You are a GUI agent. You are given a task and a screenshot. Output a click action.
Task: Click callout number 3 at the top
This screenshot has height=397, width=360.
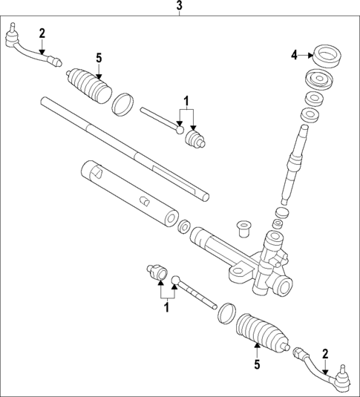[x=179, y=7]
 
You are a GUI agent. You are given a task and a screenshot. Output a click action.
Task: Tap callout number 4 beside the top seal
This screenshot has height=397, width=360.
[x=295, y=54]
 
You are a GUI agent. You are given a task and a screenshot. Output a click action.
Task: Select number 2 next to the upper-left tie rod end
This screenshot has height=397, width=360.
[x=42, y=32]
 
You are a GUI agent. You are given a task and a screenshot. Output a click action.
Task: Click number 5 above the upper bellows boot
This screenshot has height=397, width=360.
[x=99, y=57]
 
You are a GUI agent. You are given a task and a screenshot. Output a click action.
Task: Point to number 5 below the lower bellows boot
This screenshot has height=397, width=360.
[x=258, y=364]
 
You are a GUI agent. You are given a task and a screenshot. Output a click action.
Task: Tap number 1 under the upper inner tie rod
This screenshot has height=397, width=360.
[x=187, y=101]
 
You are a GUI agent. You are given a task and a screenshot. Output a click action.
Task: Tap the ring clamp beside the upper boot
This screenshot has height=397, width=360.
[x=123, y=103]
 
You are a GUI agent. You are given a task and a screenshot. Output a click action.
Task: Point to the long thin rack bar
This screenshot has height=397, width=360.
[x=122, y=148]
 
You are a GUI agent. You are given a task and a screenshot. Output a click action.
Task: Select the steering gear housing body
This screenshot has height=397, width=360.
[x=260, y=263]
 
